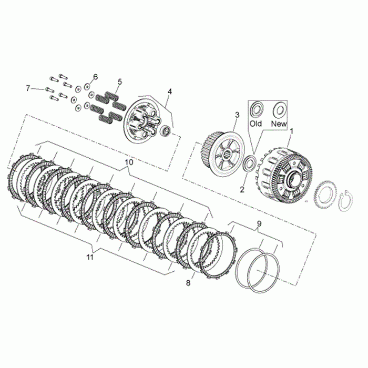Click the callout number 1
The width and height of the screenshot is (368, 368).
[292, 131]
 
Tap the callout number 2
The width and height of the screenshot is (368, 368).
[242, 189]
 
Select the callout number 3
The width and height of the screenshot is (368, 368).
[237, 115]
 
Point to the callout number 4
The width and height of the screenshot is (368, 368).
[170, 91]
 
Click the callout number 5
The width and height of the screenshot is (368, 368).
[120, 82]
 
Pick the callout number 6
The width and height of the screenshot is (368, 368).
[95, 77]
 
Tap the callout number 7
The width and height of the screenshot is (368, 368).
[28, 88]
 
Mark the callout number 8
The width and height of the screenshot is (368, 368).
[188, 283]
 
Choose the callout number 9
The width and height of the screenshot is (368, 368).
[259, 223]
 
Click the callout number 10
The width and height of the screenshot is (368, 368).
[129, 162]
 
